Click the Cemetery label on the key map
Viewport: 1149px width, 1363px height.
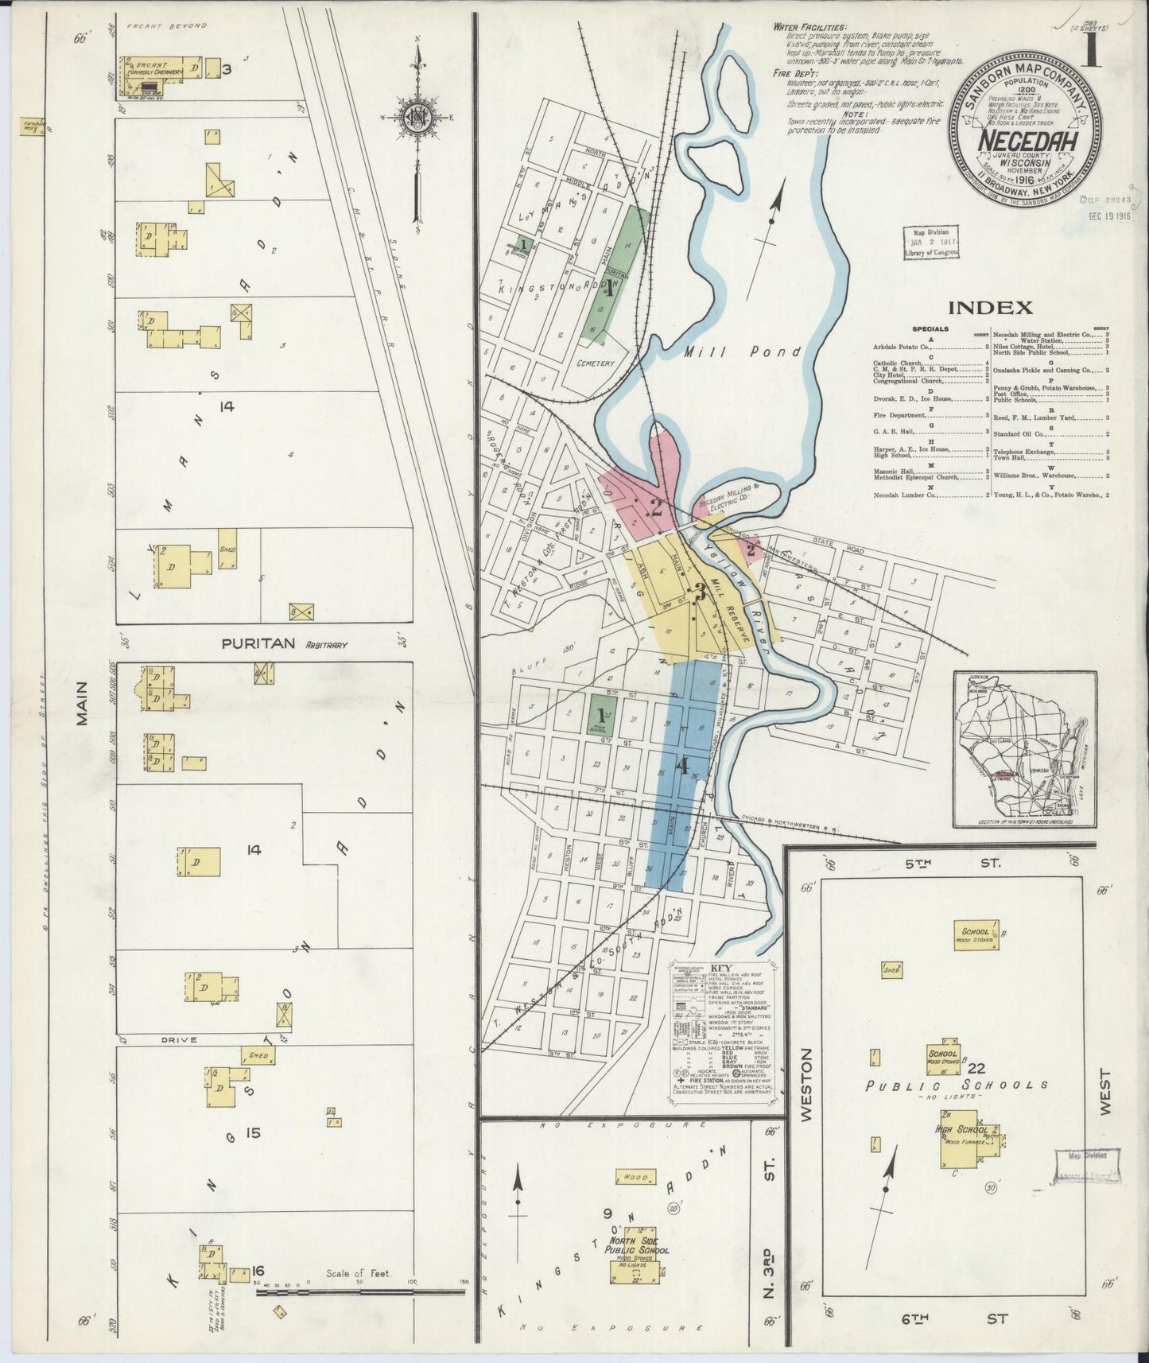click(x=596, y=363)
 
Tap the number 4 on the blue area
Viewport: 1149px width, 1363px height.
click(x=681, y=767)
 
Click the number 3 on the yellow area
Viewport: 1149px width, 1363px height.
click(x=701, y=592)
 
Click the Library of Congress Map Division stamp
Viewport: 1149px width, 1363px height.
click(x=930, y=243)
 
